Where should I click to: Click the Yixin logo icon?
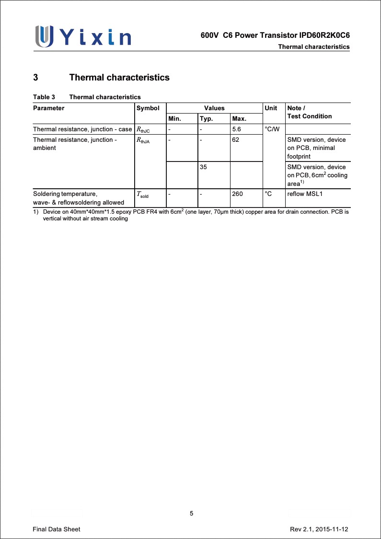tap(44, 36)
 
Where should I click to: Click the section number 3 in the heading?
tap(35, 77)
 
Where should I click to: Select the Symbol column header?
tap(148, 108)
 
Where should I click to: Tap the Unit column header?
tap(271, 108)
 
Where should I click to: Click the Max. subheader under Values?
tap(239, 118)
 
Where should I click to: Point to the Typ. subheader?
tap(206, 118)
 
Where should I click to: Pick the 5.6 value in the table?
tap(236, 129)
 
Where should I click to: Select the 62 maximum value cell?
tap(235, 139)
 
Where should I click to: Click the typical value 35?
tap(204, 167)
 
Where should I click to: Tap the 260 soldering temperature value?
tap(237, 194)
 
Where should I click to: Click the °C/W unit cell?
tap(272, 129)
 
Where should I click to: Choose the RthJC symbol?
tap(143, 129)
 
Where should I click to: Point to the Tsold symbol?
tap(143, 195)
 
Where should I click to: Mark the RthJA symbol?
tap(143, 140)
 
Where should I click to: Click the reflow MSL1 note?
tap(305, 194)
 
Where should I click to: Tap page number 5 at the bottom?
tap(191, 514)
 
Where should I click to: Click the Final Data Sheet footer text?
tap(57, 529)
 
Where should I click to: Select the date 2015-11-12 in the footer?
tap(332, 529)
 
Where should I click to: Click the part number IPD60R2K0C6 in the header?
tap(324, 36)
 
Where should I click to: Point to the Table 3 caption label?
tap(44, 97)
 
